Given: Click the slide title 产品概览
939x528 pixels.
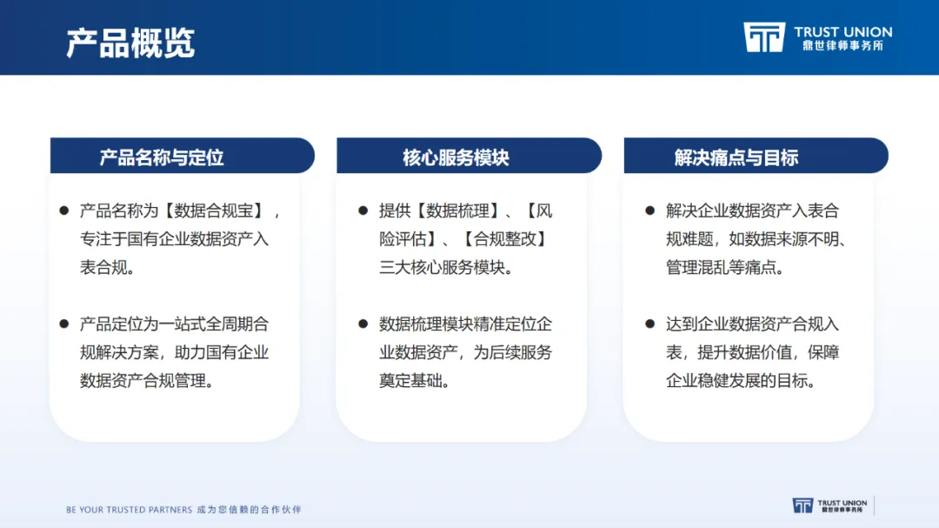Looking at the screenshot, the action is pyautogui.click(x=130, y=43).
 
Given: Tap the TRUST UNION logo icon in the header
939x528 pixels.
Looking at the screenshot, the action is pyautogui.click(x=764, y=37).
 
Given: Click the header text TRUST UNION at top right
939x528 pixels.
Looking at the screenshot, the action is pyautogui.click(x=843, y=32).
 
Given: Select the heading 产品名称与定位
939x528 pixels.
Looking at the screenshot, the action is pyautogui.click(x=162, y=157).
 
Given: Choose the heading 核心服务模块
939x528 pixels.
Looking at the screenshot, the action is pyautogui.click(x=456, y=157).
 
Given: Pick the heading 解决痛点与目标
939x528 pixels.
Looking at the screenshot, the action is pyautogui.click(x=736, y=157).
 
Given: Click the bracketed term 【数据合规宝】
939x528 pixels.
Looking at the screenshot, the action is pyautogui.click(x=214, y=211).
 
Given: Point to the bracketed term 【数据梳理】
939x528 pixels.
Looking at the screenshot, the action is pyautogui.click(x=457, y=211).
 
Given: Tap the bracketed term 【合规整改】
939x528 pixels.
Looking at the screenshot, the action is pyautogui.click(x=505, y=239).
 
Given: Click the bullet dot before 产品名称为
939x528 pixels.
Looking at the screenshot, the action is pyautogui.click(x=64, y=211).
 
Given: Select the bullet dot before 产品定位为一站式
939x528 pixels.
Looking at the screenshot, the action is pyautogui.click(x=64, y=324).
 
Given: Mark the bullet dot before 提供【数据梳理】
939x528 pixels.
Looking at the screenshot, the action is pyautogui.click(x=363, y=211).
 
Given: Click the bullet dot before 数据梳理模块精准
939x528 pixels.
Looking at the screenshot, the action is pyautogui.click(x=363, y=324).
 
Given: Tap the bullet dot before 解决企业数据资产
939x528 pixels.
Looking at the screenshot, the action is pyautogui.click(x=649, y=211).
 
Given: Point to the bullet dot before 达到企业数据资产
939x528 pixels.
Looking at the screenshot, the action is pyautogui.click(x=649, y=324).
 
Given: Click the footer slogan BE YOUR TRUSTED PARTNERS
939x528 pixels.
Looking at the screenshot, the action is pyautogui.click(x=129, y=510).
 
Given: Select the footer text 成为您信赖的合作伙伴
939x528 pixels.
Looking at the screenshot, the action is pyautogui.click(x=250, y=510).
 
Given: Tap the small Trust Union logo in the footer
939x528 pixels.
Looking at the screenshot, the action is pyautogui.click(x=830, y=506).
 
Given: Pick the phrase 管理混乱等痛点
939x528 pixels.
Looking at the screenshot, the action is pyautogui.click(x=721, y=267).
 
